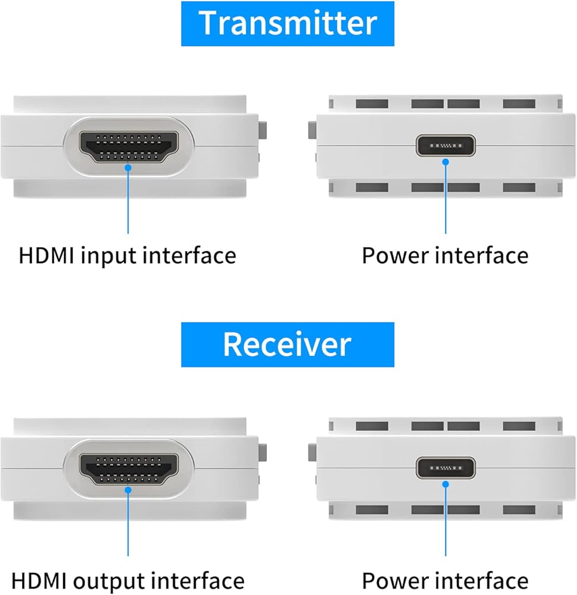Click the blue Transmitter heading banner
click(288, 24)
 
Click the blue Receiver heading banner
click(288, 345)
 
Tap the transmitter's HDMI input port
click(129, 147)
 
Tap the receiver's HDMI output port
click(129, 469)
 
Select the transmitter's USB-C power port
click(445, 145)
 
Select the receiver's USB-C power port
click(445, 468)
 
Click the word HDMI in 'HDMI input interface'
click(46, 255)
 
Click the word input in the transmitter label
click(109, 256)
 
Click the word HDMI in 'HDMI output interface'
click(39, 581)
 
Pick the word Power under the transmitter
click(395, 255)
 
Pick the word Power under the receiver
click(395, 581)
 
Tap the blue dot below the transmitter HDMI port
click(129, 167)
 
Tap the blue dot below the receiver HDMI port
click(129, 490)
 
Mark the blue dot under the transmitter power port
click(445, 162)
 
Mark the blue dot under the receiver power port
click(445, 484)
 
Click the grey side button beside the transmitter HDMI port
click(263, 130)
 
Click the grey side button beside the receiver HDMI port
click(263, 453)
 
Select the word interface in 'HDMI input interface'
click(190, 255)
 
